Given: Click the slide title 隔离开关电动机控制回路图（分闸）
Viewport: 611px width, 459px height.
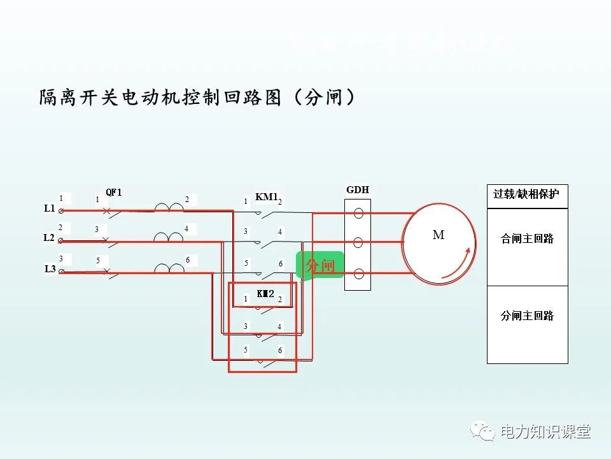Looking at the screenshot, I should [197, 98].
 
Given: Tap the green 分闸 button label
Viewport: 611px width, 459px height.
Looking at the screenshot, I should [320, 265].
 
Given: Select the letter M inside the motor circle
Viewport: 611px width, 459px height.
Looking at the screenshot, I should [439, 235].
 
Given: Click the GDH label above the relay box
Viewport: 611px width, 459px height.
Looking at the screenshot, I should [358, 190].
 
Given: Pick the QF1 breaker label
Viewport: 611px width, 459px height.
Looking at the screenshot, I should [113, 192].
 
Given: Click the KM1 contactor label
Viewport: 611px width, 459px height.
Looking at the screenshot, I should [267, 196].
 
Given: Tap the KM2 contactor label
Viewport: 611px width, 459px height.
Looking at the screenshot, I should [265, 294].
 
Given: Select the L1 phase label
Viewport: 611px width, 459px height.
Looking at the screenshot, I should [50, 208].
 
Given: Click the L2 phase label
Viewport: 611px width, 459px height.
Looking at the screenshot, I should [49, 238].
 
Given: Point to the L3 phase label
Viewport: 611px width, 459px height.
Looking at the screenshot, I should [50, 268].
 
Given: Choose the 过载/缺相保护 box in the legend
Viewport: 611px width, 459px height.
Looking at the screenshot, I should [526, 194].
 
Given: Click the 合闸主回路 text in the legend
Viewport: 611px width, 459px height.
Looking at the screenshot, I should [527, 239].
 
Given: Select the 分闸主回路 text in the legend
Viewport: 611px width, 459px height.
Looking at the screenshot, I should [527, 316].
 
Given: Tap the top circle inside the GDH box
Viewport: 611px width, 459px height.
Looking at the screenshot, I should [358, 213].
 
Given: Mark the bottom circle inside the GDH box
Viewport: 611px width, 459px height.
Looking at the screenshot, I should [358, 274].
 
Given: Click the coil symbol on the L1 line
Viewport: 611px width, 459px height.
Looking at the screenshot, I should [169, 207].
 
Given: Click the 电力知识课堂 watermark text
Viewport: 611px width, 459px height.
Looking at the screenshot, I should [545, 432].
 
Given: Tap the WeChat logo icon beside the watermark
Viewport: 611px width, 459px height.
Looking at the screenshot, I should [483, 432].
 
